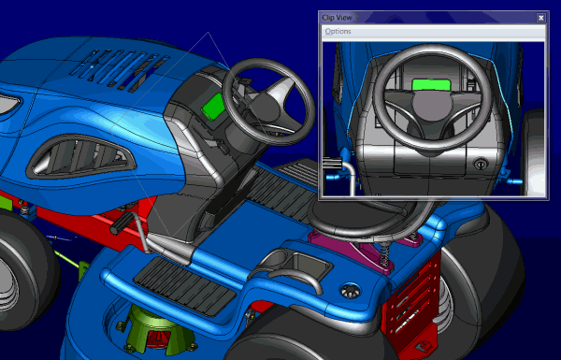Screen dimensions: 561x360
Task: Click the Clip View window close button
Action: [x=541, y=18]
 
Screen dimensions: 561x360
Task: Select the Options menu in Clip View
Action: [x=338, y=32]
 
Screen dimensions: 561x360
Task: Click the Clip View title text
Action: [x=337, y=18]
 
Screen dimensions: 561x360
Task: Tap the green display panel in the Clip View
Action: [x=431, y=85]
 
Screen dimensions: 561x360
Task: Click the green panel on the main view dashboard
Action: [x=213, y=107]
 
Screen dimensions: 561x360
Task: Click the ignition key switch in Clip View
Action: [x=480, y=165]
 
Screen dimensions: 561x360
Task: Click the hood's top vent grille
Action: [x=119, y=68]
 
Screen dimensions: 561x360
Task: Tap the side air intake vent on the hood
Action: [x=80, y=157]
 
